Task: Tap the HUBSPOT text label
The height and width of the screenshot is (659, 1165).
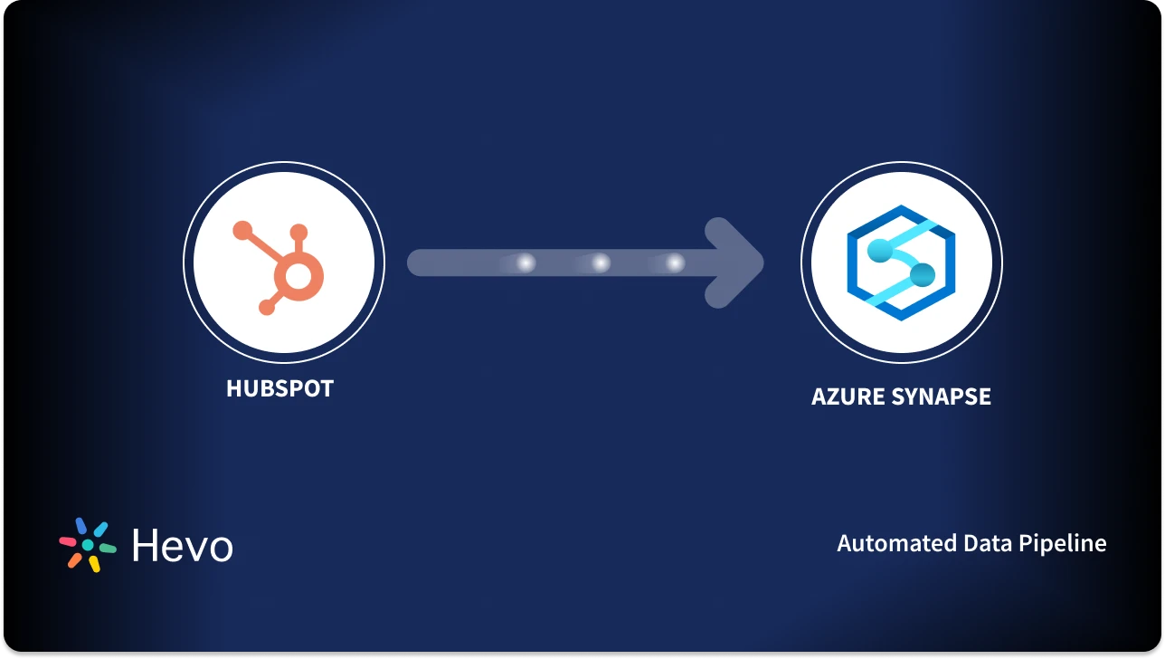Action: [279, 388]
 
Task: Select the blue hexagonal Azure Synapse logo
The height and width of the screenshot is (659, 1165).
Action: [901, 263]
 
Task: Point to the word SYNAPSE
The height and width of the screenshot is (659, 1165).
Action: [944, 396]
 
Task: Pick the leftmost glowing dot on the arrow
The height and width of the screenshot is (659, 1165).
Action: [525, 263]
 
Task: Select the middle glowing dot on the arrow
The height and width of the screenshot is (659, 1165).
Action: [600, 263]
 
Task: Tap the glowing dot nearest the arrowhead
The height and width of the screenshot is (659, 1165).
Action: [675, 263]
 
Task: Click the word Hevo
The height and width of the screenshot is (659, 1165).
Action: [182, 546]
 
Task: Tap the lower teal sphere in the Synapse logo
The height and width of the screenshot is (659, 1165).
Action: [921, 274]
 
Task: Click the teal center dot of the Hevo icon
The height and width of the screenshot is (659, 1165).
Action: [88, 545]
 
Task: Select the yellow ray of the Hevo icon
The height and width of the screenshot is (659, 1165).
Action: [94, 564]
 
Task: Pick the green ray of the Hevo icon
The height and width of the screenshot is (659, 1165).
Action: [108, 548]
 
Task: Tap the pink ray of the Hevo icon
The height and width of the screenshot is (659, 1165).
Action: [68, 541]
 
